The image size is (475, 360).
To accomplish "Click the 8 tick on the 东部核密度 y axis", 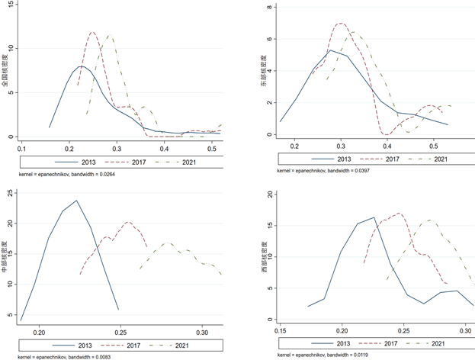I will (x=274, y=8).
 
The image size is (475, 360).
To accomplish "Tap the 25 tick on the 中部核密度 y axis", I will (x=11, y=193).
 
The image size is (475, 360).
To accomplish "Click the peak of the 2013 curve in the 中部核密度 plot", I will (x=76, y=201).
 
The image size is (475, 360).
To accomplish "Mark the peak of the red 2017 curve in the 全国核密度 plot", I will (x=93, y=32).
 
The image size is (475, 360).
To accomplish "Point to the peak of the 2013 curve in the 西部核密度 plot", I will (x=374, y=217).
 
